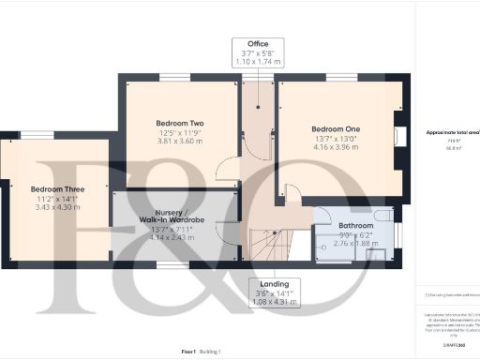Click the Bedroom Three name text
[x=57, y=189]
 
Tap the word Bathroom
[x=355, y=226]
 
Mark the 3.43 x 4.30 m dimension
[x=57, y=206]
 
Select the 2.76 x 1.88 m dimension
[x=355, y=243]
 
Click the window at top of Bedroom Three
[x=37, y=135]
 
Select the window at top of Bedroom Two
[x=175, y=77]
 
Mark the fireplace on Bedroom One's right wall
[x=401, y=137]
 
